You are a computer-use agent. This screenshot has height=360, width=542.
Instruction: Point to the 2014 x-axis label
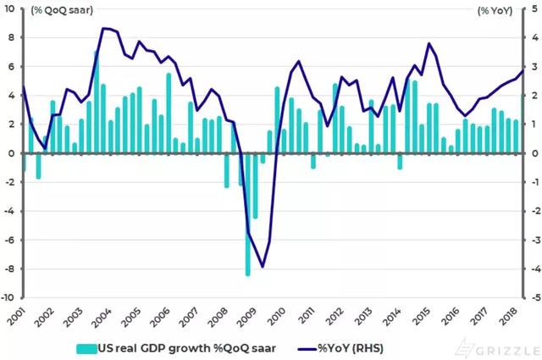click(x=392, y=316)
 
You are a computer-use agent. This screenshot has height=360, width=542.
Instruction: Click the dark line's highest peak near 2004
click(x=103, y=28)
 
